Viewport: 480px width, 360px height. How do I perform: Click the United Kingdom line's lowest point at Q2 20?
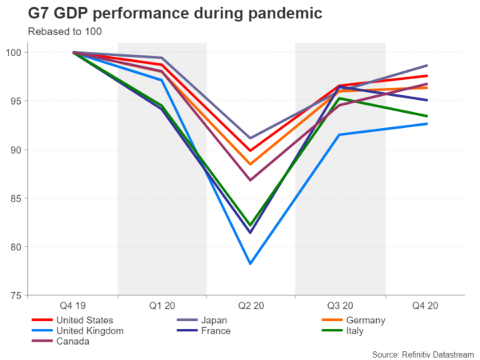251,263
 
